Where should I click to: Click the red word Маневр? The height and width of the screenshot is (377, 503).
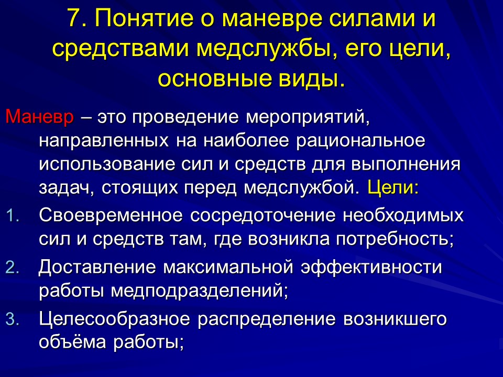coord(40,117)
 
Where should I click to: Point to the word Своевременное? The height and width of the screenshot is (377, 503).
coord(108,215)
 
